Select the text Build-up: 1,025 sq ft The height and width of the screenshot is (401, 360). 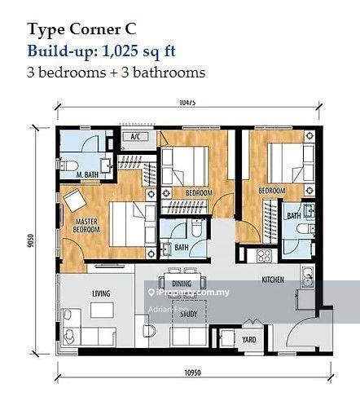[x=101, y=51]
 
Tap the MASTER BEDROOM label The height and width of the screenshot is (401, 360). [x=86, y=225]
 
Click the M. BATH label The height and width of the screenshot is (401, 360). [x=88, y=174]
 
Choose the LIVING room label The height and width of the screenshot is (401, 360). [x=101, y=293]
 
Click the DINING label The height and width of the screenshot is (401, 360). [x=182, y=284]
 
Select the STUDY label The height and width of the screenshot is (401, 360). [x=189, y=314]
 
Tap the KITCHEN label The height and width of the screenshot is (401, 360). [x=273, y=280]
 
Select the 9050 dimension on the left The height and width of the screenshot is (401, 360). [x=30, y=241]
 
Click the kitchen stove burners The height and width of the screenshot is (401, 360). [x=264, y=256]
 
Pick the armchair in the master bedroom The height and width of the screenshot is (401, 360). [x=74, y=200]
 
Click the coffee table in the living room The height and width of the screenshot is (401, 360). [x=102, y=311]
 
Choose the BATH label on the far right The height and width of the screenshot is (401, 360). [x=293, y=216]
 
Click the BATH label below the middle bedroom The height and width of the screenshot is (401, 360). [x=181, y=248]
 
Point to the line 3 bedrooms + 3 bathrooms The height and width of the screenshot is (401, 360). [x=116, y=72]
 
